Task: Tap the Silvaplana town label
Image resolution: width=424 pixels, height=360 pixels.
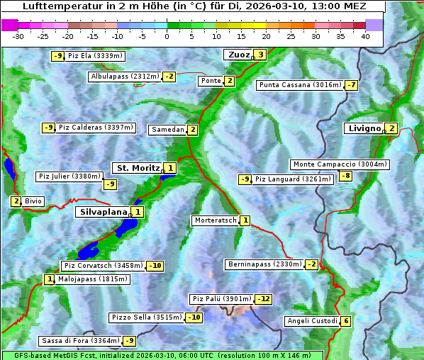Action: click(x=103, y=211)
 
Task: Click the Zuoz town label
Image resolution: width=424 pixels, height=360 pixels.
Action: click(x=238, y=55)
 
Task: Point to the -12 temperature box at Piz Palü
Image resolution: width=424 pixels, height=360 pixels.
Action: click(x=263, y=299)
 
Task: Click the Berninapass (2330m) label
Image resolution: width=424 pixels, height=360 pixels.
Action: click(x=264, y=264)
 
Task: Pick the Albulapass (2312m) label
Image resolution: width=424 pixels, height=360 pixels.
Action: click(x=125, y=77)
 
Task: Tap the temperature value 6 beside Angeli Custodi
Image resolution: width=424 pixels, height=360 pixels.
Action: click(x=345, y=321)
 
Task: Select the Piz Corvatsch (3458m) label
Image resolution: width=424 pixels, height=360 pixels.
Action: click(x=103, y=266)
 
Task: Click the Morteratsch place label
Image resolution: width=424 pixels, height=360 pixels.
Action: click(x=216, y=220)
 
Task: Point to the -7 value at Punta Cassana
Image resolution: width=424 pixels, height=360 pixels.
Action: click(x=351, y=85)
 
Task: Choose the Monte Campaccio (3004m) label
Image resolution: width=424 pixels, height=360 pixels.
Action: click(x=340, y=164)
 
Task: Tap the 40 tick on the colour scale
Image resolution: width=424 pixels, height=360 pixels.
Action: click(x=365, y=36)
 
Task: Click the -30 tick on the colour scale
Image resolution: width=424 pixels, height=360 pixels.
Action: click(x=18, y=36)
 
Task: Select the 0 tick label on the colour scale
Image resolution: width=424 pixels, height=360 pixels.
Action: click(x=167, y=36)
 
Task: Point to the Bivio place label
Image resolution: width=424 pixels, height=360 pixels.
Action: click(x=33, y=201)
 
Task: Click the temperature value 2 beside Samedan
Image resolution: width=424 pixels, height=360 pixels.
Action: click(x=192, y=130)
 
